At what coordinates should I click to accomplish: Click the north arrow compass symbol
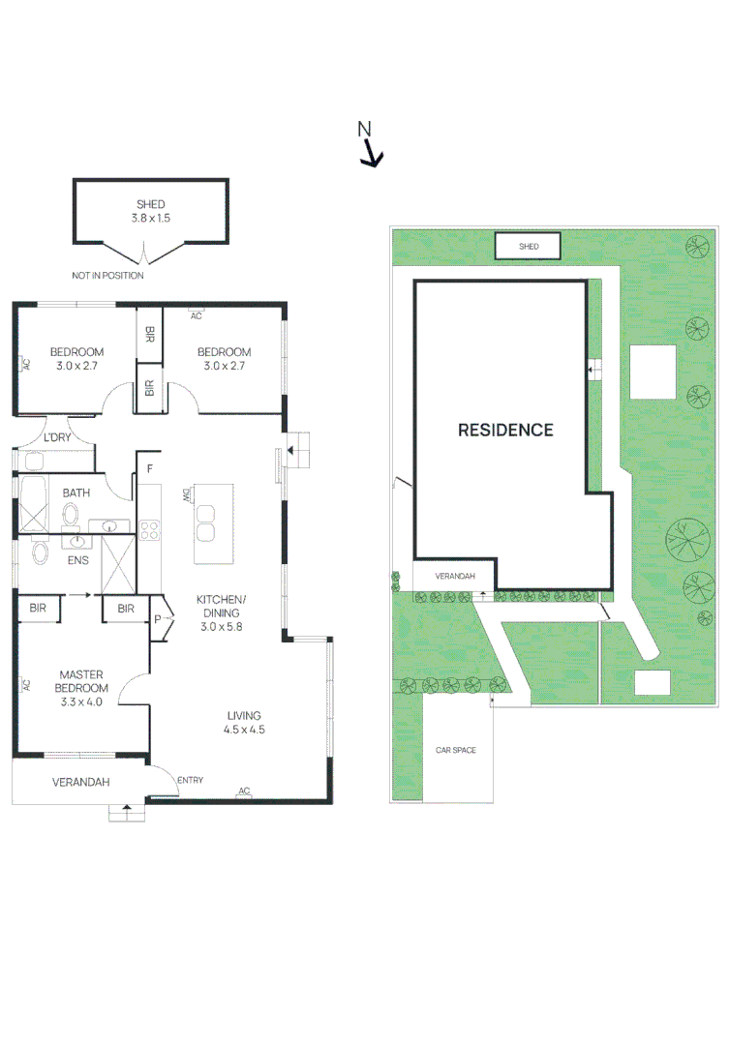pyautogui.click(x=370, y=147)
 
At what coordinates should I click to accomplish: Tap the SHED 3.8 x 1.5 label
pyautogui.click(x=150, y=211)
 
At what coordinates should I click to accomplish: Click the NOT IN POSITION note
pyautogui.click(x=107, y=276)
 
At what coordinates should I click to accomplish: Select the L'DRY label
pyautogui.click(x=59, y=437)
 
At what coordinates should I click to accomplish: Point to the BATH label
pyautogui.click(x=76, y=493)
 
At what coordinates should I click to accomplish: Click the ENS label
pyautogui.click(x=76, y=558)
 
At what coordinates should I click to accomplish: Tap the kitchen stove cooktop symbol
pyautogui.click(x=150, y=529)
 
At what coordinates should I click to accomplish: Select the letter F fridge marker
pyautogui.click(x=150, y=469)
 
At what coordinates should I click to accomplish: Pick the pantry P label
pyautogui.click(x=157, y=619)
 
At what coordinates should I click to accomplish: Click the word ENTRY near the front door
pyautogui.click(x=191, y=779)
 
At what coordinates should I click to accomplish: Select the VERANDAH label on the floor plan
pyautogui.click(x=80, y=782)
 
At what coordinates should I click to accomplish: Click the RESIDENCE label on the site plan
pyautogui.click(x=505, y=430)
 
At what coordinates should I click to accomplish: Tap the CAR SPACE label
pyautogui.click(x=456, y=750)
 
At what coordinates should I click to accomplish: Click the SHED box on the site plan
pyautogui.click(x=529, y=247)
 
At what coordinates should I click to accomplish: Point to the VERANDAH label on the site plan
pyautogui.click(x=455, y=576)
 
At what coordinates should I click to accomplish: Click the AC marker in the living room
pyautogui.click(x=244, y=791)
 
